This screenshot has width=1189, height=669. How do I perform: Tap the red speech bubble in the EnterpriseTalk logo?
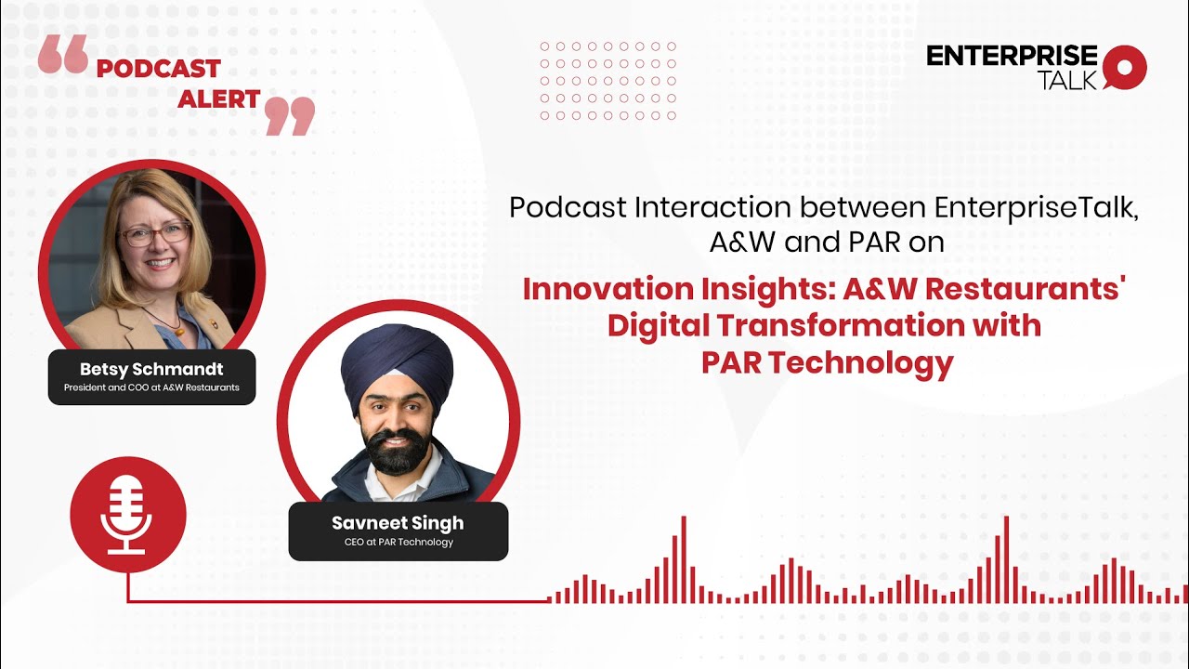coord(1125,67)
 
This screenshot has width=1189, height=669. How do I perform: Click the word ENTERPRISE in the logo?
coord(1012,56)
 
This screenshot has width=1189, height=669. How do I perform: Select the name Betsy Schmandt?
coord(151,370)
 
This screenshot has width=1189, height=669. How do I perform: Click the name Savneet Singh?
coord(398,523)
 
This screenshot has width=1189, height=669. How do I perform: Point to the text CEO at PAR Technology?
coord(399,543)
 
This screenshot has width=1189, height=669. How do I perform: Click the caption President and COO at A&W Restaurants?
coord(151,387)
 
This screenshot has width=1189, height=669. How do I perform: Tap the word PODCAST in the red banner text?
coord(158,69)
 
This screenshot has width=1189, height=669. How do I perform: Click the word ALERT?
coord(218,100)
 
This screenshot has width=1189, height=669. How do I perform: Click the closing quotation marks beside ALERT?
coord(290,115)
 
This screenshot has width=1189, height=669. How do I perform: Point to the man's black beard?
coord(398,450)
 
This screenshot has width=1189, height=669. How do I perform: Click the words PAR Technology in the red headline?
coord(828,362)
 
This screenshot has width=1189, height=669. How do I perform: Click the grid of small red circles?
coord(608,81)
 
